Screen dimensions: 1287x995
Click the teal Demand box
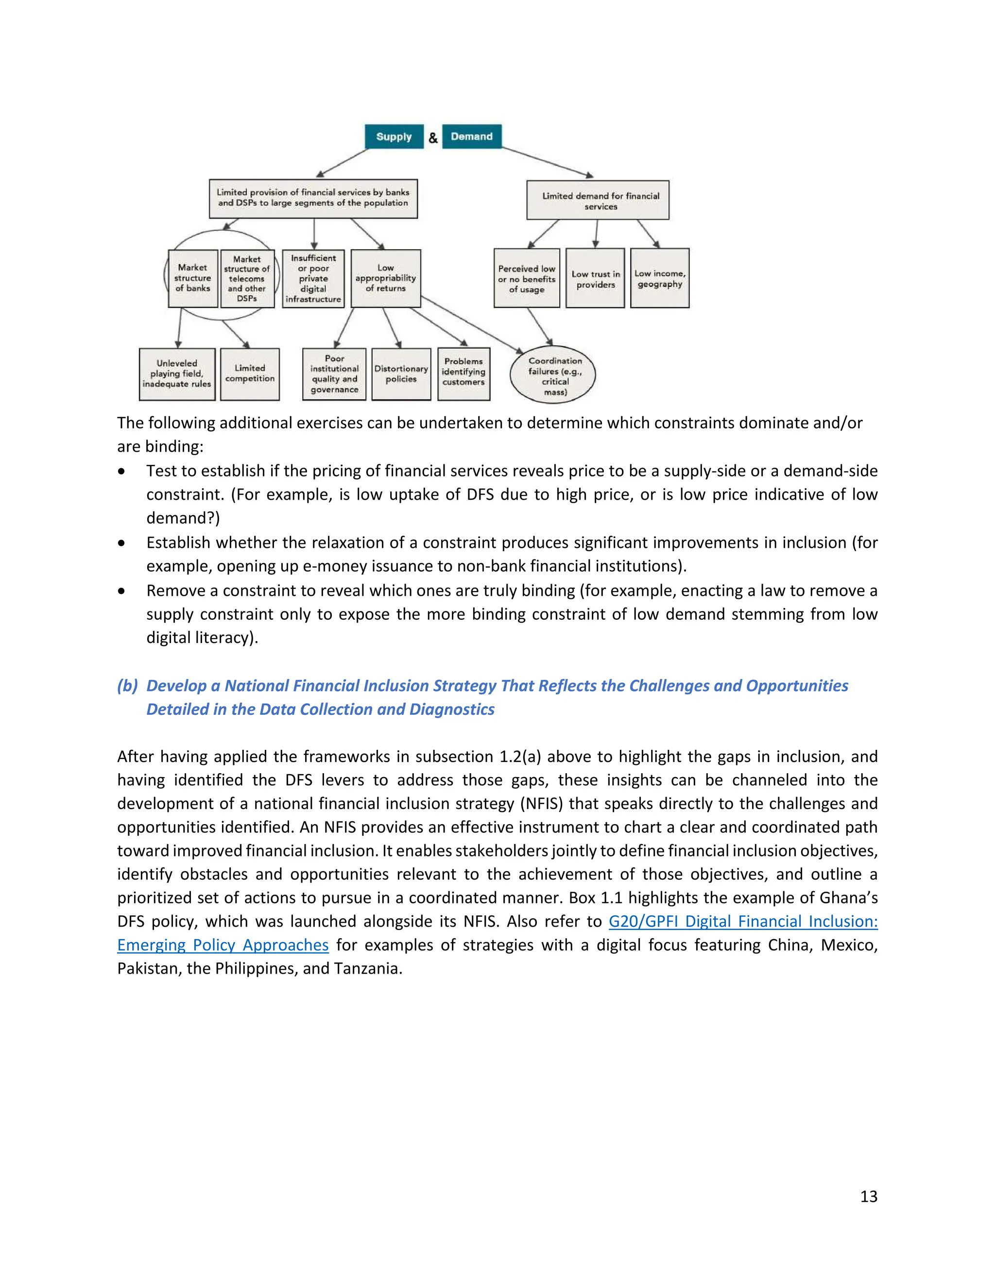click(x=472, y=136)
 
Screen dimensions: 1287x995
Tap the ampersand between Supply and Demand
click(x=433, y=138)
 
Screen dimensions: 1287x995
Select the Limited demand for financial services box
click(x=598, y=201)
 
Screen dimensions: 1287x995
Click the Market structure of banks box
click(x=193, y=278)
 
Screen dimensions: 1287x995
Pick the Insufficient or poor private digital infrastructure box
click(x=313, y=278)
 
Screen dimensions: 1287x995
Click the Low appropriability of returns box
click(x=385, y=278)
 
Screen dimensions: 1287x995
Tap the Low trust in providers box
click(x=595, y=279)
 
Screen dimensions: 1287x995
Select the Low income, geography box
click(x=660, y=278)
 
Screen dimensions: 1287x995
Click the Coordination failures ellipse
click(x=553, y=375)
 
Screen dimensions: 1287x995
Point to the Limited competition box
click(x=250, y=374)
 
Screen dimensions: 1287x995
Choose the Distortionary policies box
click(x=401, y=374)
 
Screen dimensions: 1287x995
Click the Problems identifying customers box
click(x=464, y=374)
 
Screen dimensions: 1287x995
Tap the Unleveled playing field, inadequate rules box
click(x=177, y=374)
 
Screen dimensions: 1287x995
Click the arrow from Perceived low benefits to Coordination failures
click(x=539, y=326)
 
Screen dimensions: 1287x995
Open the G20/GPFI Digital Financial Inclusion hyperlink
click(x=743, y=921)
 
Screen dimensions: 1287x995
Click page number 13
click(x=868, y=1196)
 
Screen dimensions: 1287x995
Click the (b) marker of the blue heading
click(x=127, y=685)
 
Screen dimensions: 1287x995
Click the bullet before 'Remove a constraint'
click(x=121, y=591)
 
